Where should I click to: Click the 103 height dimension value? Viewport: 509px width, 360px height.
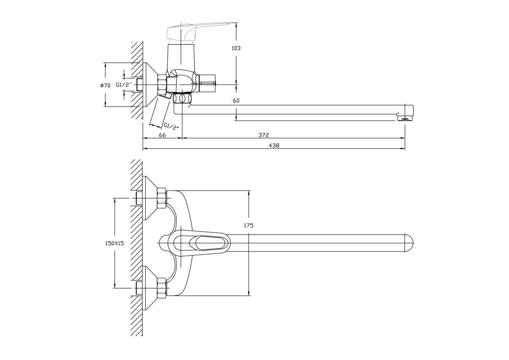pyautogui.click(x=236, y=48)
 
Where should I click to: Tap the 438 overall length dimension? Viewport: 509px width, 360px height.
pyautogui.click(x=274, y=145)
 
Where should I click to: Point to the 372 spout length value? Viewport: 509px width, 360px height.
pyautogui.click(x=264, y=135)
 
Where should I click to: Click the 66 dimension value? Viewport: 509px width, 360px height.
pyautogui.click(x=162, y=135)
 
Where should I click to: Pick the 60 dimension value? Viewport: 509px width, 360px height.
pyautogui.click(x=236, y=101)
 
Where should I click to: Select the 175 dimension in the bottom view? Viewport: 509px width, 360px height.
pyautogui.click(x=249, y=225)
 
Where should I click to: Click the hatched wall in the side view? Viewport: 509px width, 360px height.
pyautogui.click(x=137, y=81)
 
